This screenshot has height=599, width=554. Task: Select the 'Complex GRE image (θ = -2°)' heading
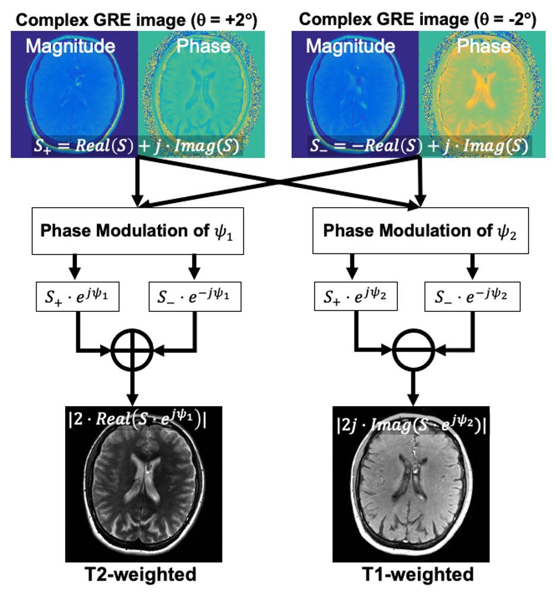417,19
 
